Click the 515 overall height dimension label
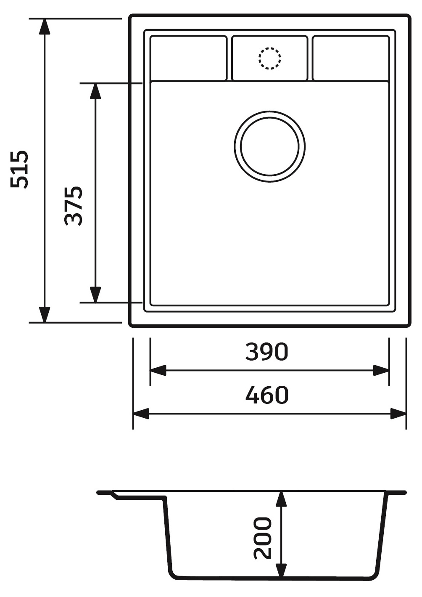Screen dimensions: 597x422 (20, 169)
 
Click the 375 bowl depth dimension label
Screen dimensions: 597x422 (74, 206)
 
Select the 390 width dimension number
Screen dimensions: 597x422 (267, 352)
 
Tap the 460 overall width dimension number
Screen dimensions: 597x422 (267, 395)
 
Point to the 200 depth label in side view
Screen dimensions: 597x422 (263, 538)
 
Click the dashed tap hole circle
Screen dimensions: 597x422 (269, 58)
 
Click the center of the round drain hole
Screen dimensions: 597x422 (269, 146)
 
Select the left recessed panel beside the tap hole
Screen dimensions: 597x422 (188, 58)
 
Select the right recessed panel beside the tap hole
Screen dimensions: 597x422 (351, 58)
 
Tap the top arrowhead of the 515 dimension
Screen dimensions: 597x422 (44, 27)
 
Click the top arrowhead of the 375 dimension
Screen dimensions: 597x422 (96, 91)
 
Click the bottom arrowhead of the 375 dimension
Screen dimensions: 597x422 (96, 294)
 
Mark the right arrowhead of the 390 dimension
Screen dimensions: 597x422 (381, 371)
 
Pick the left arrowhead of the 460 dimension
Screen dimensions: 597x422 (141, 414)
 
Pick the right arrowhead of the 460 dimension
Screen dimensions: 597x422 (398, 414)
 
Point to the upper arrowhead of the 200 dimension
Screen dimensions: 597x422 (281, 500)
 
